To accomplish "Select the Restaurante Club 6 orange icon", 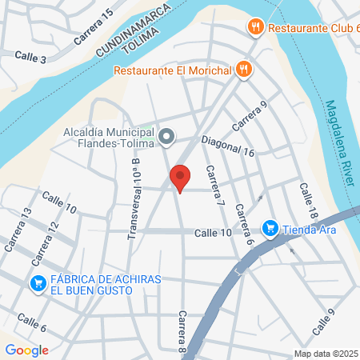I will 256,26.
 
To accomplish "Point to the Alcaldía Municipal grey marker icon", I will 166,138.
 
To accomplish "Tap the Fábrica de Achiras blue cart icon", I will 38,283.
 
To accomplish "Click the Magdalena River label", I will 339,143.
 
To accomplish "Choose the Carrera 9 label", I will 248,117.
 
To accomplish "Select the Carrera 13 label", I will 17,230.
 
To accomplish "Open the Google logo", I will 26,350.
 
